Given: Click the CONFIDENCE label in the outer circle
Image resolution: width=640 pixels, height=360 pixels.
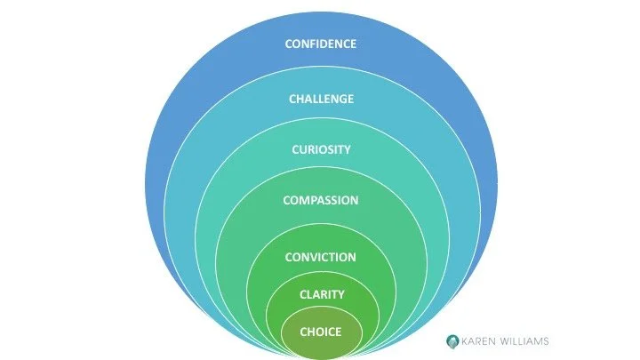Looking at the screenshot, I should pyautogui.click(x=320, y=44).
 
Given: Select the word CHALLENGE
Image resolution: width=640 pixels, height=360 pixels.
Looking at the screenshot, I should pyautogui.click(x=320, y=99).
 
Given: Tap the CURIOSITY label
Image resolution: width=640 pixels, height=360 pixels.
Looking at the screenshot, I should pyautogui.click(x=320, y=149).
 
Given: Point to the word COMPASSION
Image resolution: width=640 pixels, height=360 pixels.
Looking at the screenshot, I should pyautogui.click(x=320, y=200).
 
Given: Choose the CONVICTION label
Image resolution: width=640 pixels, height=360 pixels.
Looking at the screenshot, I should pyautogui.click(x=320, y=257).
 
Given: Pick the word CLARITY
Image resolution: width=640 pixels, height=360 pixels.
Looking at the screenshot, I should pyautogui.click(x=320, y=294).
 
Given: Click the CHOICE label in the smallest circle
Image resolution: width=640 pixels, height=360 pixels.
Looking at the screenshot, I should pyautogui.click(x=320, y=332).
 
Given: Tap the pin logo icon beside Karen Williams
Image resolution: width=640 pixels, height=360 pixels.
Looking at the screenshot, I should pyautogui.click(x=452, y=340).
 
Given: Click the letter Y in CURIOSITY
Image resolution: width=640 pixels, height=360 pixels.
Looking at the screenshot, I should pyautogui.click(x=347, y=149).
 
